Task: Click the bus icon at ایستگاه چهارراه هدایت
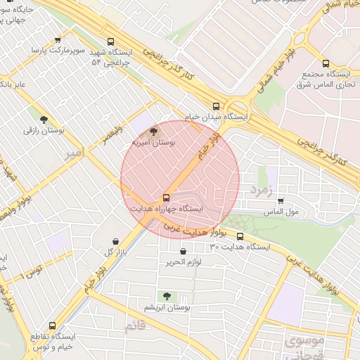click(166, 198)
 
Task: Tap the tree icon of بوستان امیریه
click(154, 131)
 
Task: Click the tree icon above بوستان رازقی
click(44, 120)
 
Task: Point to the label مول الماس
click(281, 211)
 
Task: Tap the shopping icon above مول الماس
click(281, 200)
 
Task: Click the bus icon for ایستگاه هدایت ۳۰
click(240, 237)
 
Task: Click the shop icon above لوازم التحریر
click(184, 252)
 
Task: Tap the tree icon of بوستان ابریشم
click(167, 297)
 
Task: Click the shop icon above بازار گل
click(115, 241)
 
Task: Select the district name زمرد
click(261, 188)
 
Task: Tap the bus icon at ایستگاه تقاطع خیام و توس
click(52, 326)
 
